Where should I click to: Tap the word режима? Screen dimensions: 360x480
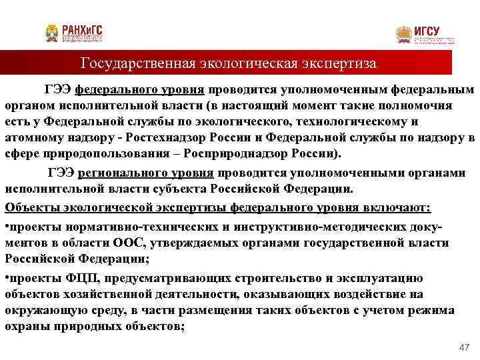[432, 310]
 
